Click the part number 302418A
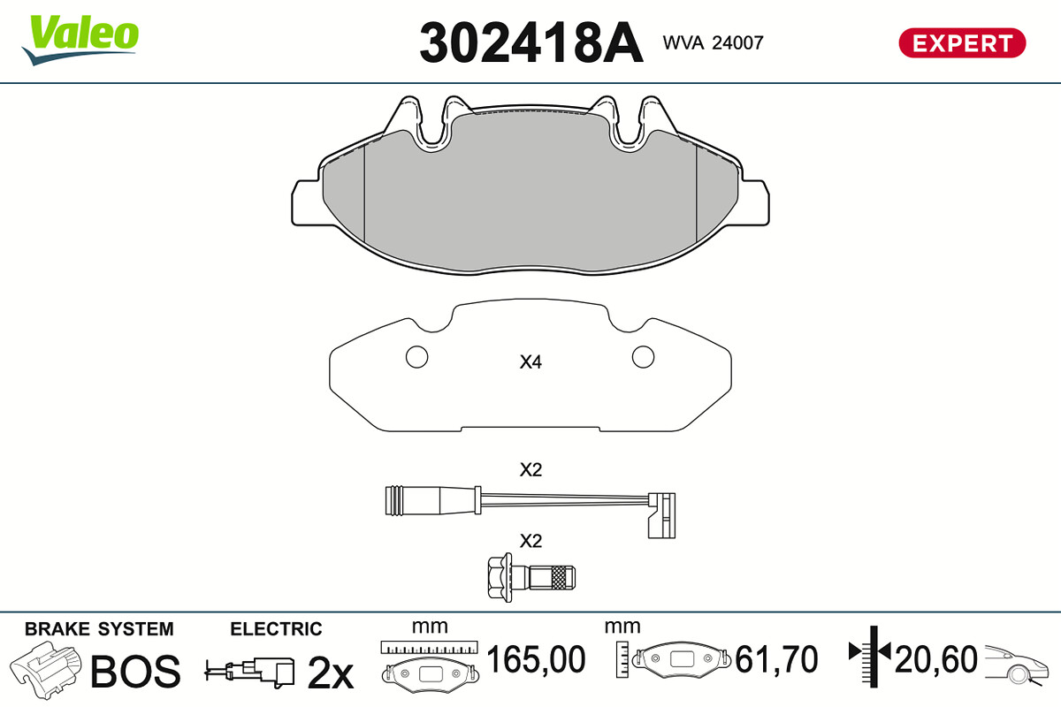[x=531, y=42]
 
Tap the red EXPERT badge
[x=963, y=43]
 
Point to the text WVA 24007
[x=713, y=42]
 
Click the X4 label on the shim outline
[x=530, y=362]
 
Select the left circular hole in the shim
[x=416, y=356]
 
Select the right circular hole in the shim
[x=644, y=356]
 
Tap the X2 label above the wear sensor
[x=530, y=470]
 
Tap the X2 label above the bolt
[x=530, y=541]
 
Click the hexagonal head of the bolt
[x=500, y=577]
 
